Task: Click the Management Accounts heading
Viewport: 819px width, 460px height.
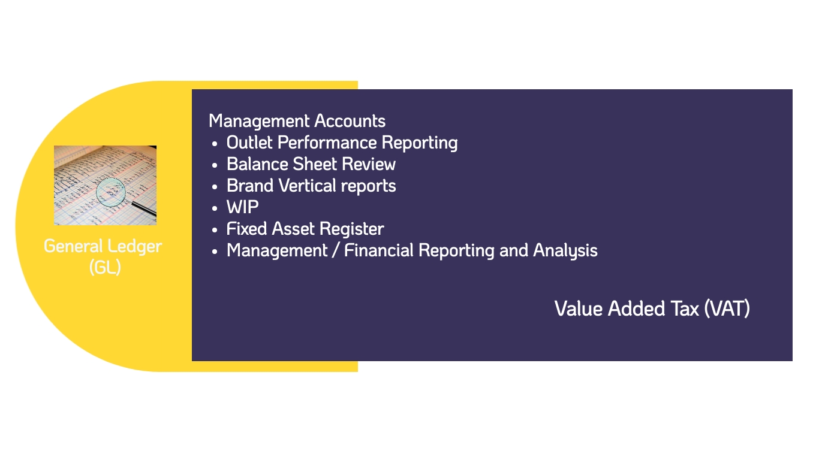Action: coord(297,122)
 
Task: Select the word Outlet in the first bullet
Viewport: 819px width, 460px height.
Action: coord(249,143)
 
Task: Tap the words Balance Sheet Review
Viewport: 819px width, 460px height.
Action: coord(311,164)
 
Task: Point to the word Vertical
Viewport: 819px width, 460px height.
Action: coord(307,186)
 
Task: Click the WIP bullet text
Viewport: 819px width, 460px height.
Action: coord(242,207)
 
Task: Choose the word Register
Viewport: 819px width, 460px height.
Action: coord(352,229)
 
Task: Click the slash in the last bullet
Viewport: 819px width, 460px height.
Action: coord(335,250)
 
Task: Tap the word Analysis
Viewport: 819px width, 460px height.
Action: coord(565,251)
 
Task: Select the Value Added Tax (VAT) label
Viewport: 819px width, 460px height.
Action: coord(652,308)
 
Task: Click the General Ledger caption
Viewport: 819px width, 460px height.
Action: coord(103,246)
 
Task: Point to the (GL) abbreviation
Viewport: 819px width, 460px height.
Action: coord(105,267)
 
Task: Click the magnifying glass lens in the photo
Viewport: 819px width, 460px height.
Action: coord(111,192)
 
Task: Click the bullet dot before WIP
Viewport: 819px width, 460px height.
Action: coord(215,208)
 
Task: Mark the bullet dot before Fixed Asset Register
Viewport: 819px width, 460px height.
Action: coord(215,230)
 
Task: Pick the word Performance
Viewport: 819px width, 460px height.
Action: coord(327,143)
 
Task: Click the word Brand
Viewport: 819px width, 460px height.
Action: coord(250,186)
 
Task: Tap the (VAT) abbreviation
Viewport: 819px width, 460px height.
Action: coord(727,308)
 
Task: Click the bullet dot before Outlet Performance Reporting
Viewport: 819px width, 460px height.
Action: coord(215,144)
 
